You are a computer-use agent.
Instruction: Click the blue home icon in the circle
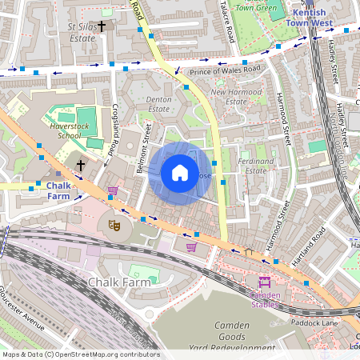point(180,173)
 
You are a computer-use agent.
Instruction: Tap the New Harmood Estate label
point(234,97)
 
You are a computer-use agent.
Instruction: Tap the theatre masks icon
point(114,226)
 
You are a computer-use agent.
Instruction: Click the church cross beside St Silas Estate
point(102,26)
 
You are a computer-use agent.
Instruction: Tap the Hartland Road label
point(308,245)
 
